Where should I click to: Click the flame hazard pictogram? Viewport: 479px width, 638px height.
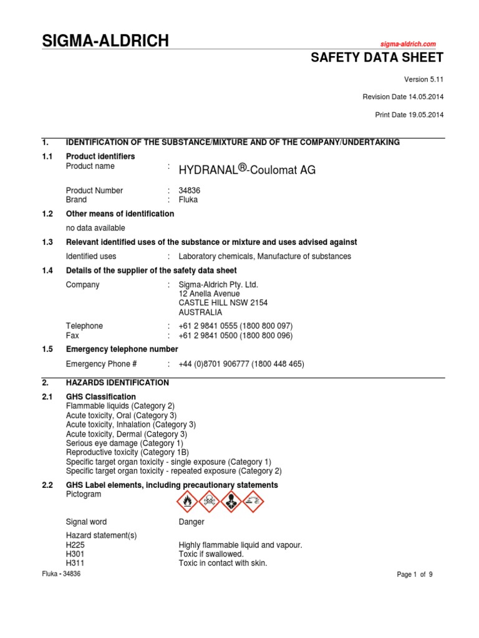point(187,501)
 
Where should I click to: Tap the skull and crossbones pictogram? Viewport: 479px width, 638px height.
point(209,501)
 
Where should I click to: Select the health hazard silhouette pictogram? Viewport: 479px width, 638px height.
point(231,501)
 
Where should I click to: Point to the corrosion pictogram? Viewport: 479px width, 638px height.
point(253,501)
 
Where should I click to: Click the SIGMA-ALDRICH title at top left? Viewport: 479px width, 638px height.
point(105,41)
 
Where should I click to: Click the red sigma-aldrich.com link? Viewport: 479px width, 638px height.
point(409,44)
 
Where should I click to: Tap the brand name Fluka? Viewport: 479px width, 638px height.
point(188,200)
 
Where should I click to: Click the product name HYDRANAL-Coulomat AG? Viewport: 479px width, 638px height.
point(247,169)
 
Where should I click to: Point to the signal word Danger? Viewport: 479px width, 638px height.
point(191,522)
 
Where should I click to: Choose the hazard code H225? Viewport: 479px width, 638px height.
point(75,545)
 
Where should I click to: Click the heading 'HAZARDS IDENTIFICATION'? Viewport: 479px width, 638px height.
point(117,383)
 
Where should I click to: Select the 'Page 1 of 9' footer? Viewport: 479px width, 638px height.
point(414,575)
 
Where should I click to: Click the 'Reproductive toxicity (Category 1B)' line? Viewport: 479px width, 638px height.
point(127,452)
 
